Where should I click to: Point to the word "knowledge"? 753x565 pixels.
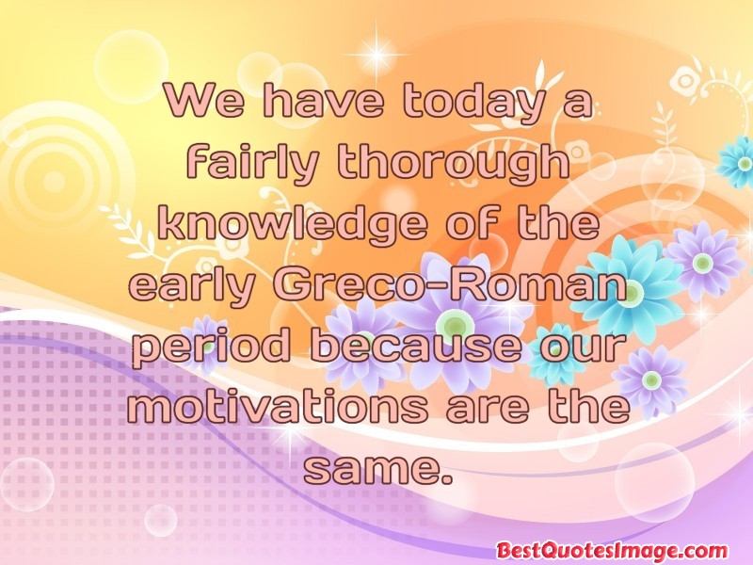(292, 224)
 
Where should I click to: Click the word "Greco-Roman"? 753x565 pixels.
(451, 284)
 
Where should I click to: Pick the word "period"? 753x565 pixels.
(211, 347)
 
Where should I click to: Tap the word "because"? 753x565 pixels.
(415, 344)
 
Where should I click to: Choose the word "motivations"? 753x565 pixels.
(277, 405)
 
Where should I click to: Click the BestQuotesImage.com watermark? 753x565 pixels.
(612, 550)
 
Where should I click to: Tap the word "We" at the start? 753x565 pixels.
(204, 101)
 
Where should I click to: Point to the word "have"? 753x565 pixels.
(324, 101)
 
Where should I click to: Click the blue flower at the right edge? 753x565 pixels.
(736, 162)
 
